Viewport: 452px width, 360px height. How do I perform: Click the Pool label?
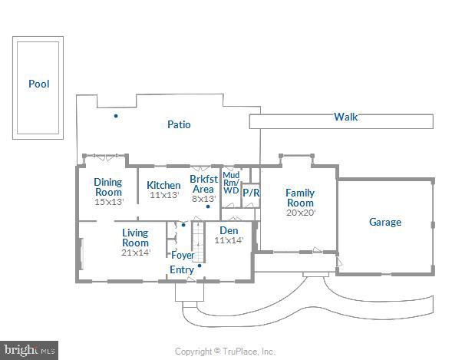pos(38,84)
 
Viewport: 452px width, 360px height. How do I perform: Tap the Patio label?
pos(179,124)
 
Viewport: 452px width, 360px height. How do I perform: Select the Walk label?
pos(345,117)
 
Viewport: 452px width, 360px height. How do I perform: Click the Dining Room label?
pos(108,187)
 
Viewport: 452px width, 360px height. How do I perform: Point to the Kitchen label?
pos(163,185)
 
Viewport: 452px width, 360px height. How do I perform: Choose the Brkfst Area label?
pos(203,183)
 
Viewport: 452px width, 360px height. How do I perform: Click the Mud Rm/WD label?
pos(231,183)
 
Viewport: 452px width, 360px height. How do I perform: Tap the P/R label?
pos(251,193)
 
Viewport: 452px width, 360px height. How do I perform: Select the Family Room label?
pos(300,197)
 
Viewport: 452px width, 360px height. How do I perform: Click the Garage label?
pos(385,222)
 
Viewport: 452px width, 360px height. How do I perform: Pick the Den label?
pos(229,230)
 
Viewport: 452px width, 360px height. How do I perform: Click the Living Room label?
pos(135,237)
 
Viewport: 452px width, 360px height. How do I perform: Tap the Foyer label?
pos(183,255)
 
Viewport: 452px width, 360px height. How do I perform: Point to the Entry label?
pos(182,269)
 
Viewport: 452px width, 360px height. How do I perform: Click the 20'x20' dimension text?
pos(300,213)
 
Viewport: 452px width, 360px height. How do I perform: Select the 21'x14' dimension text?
pos(135,253)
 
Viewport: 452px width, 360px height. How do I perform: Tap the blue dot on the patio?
pos(116,116)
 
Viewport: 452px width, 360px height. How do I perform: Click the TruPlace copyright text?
pos(225,352)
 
